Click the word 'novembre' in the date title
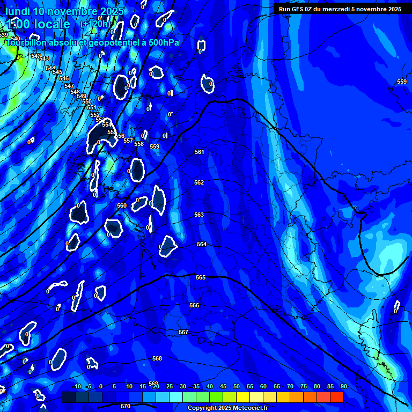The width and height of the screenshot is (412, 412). pyautogui.click(x=67, y=11)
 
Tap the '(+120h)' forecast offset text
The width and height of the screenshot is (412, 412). pyautogui.click(x=95, y=24)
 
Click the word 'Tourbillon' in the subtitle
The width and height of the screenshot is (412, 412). pyautogui.click(x=29, y=42)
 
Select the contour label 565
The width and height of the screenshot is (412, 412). pyautogui.click(x=201, y=277)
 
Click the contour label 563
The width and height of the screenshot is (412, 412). pyautogui.click(x=199, y=215)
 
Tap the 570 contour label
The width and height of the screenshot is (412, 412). pyautogui.click(x=126, y=406)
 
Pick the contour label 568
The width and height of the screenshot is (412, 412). pyautogui.click(x=157, y=358)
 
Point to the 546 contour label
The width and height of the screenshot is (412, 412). pyautogui.click(x=64, y=78)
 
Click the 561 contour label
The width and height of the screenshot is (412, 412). pyautogui.click(x=200, y=152)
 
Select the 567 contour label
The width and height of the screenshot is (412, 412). pyautogui.click(x=183, y=332)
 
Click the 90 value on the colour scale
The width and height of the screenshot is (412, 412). pyautogui.click(x=343, y=386)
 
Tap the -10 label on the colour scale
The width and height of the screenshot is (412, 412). pyautogui.click(x=76, y=386)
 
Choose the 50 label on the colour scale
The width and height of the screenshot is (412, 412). pyautogui.click(x=236, y=386)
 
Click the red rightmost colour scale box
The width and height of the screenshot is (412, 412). pyautogui.click(x=336, y=397)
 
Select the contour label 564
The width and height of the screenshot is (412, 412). pyautogui.click(x=202, y=244)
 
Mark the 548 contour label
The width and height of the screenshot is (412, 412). pyautogui.click(x=75, y=92)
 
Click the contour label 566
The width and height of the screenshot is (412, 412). pyautogui.click(x=194, y=305)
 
